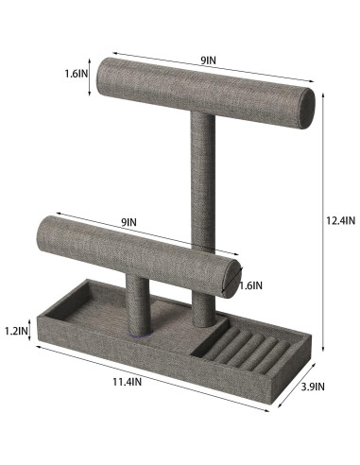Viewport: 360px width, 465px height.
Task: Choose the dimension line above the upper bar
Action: point(213,69)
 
